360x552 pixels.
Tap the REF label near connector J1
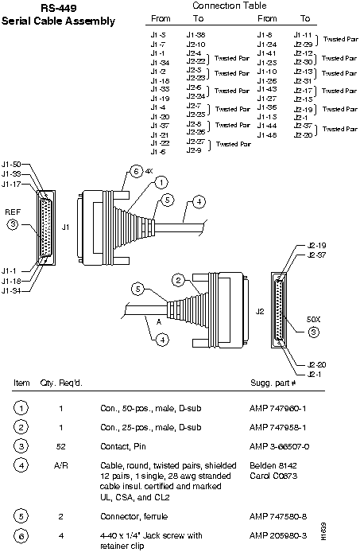pyautogui.click(x=14, y=212)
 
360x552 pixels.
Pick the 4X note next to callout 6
pyautogui.click(x=149, y=171)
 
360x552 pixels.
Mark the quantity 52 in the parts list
pyautogui.click(x=61, y=446)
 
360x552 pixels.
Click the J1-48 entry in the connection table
pyautogui.click(x=267, y=135)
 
